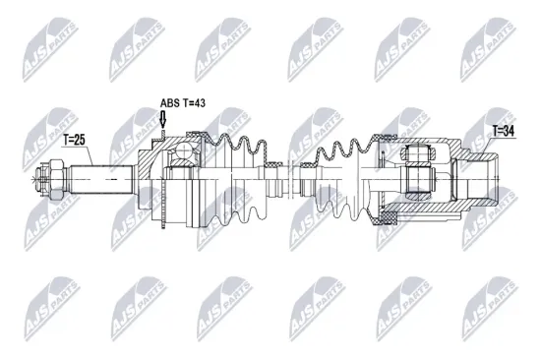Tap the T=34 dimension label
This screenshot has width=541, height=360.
pos(505,129)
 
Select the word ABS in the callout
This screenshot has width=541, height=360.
pos(170,102)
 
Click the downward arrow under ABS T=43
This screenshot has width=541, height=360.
pos(163,120)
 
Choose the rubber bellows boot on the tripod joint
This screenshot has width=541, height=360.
pos(344,177)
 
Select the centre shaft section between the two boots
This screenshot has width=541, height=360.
pos(295,181)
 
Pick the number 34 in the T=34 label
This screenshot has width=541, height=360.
pos(511,129)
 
